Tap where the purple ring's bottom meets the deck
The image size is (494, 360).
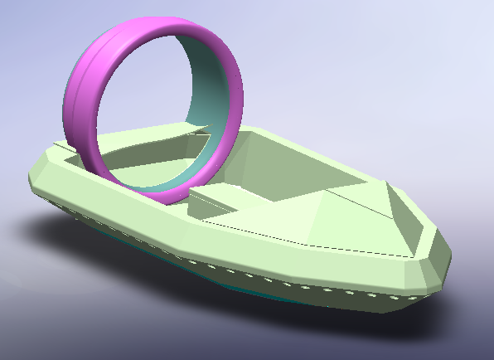170,199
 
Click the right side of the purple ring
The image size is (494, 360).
235,100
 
